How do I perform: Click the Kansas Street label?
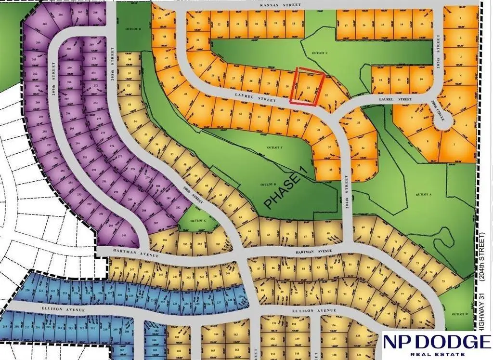(x=280, y=5)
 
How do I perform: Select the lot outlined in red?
(x=307, y=87)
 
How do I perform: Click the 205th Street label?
(x=438, y=47)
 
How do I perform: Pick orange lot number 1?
(x=461, y=18)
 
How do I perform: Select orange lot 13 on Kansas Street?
(x=422, y=24)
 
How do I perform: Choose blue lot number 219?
(x=5, y=327)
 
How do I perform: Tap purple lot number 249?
(x=124, y=235)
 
